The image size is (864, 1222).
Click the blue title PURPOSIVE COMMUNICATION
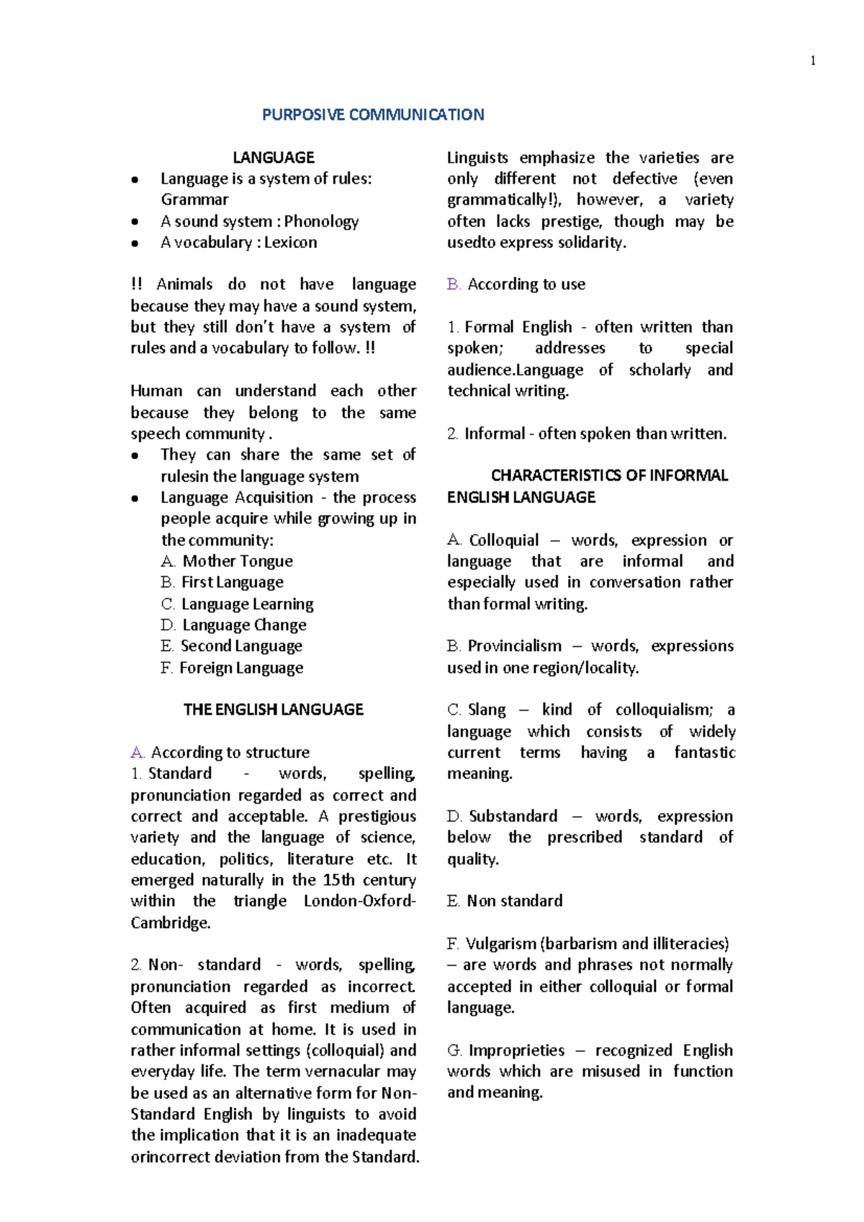tap(373, 115)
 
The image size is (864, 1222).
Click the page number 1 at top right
tap(813, 61)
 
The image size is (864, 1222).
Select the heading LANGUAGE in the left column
tap(273, 158)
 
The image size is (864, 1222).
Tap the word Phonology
tap(321, 221)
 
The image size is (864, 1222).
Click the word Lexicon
tap(290, 243)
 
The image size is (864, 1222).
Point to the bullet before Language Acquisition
tap(135, 499)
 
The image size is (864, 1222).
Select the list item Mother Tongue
tap(237, 561)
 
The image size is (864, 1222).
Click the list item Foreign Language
tap(240, 668)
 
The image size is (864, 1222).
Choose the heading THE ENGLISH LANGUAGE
tap(273, 710)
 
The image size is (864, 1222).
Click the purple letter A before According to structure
tap(137, 753)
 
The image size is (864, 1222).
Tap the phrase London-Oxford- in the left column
tap(359, 901)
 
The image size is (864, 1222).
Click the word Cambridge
tap(170, 923)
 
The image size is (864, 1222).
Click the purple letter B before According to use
tap(453, 285)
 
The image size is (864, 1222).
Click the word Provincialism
tap(514, 646)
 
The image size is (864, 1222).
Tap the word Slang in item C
tap(487, 710)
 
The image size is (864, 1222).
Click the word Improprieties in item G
tap(516, 1051)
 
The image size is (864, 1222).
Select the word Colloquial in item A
tap(503, 540)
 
